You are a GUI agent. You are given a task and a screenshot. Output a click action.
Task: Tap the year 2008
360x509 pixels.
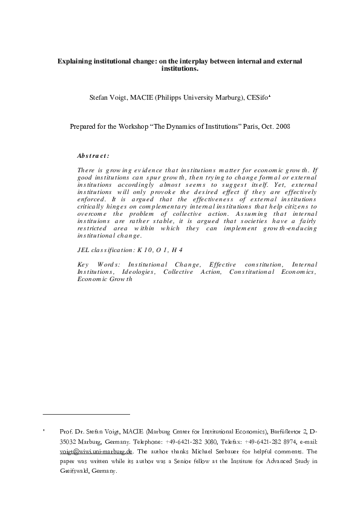[281, 127]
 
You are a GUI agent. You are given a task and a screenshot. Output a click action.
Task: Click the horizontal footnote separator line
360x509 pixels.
[87, 414]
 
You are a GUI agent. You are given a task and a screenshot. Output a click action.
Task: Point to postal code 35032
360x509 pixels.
[70, 442]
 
